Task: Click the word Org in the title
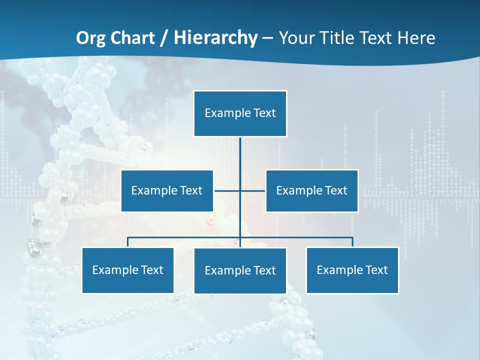point(91,38)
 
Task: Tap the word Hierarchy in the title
point(215,38)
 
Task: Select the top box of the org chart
point(240,113)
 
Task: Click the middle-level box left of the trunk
point(167,190)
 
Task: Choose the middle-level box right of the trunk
point(311,190)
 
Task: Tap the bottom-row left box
point(127,270)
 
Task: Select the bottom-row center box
point(240,270)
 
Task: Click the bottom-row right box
point(352,270)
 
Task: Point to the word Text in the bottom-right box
point(376,270)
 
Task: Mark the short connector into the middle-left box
point(226,190)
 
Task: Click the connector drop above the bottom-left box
point(128,242)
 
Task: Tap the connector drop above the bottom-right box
point(352,242)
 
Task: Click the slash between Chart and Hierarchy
point(164,38)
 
